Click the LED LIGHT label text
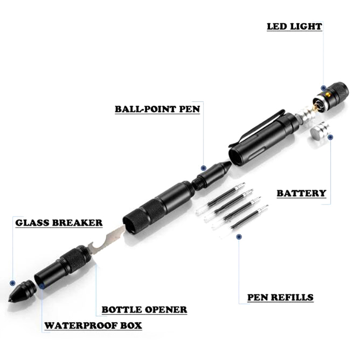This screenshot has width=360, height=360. coord(294,27)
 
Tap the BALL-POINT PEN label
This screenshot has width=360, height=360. coord(157,109)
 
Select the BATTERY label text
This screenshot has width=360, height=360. coord(301,193)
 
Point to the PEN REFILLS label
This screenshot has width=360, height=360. coord(280,297)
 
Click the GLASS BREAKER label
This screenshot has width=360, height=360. coord(59,223)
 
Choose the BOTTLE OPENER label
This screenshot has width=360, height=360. coord(144,310)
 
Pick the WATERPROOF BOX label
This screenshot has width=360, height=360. coord(93,325)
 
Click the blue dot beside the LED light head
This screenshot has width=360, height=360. coord(324,88)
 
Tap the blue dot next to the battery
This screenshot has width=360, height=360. coord(330,137)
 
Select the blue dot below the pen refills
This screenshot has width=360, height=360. coord(239,237)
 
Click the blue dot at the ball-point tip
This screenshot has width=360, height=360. coord(203,168)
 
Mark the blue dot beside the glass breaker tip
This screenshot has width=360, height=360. coord(13,283)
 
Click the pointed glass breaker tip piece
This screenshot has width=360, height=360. coord(22,291)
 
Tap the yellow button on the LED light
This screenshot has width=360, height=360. coord(328,95)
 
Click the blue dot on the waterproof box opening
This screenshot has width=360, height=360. coord(42,286)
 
